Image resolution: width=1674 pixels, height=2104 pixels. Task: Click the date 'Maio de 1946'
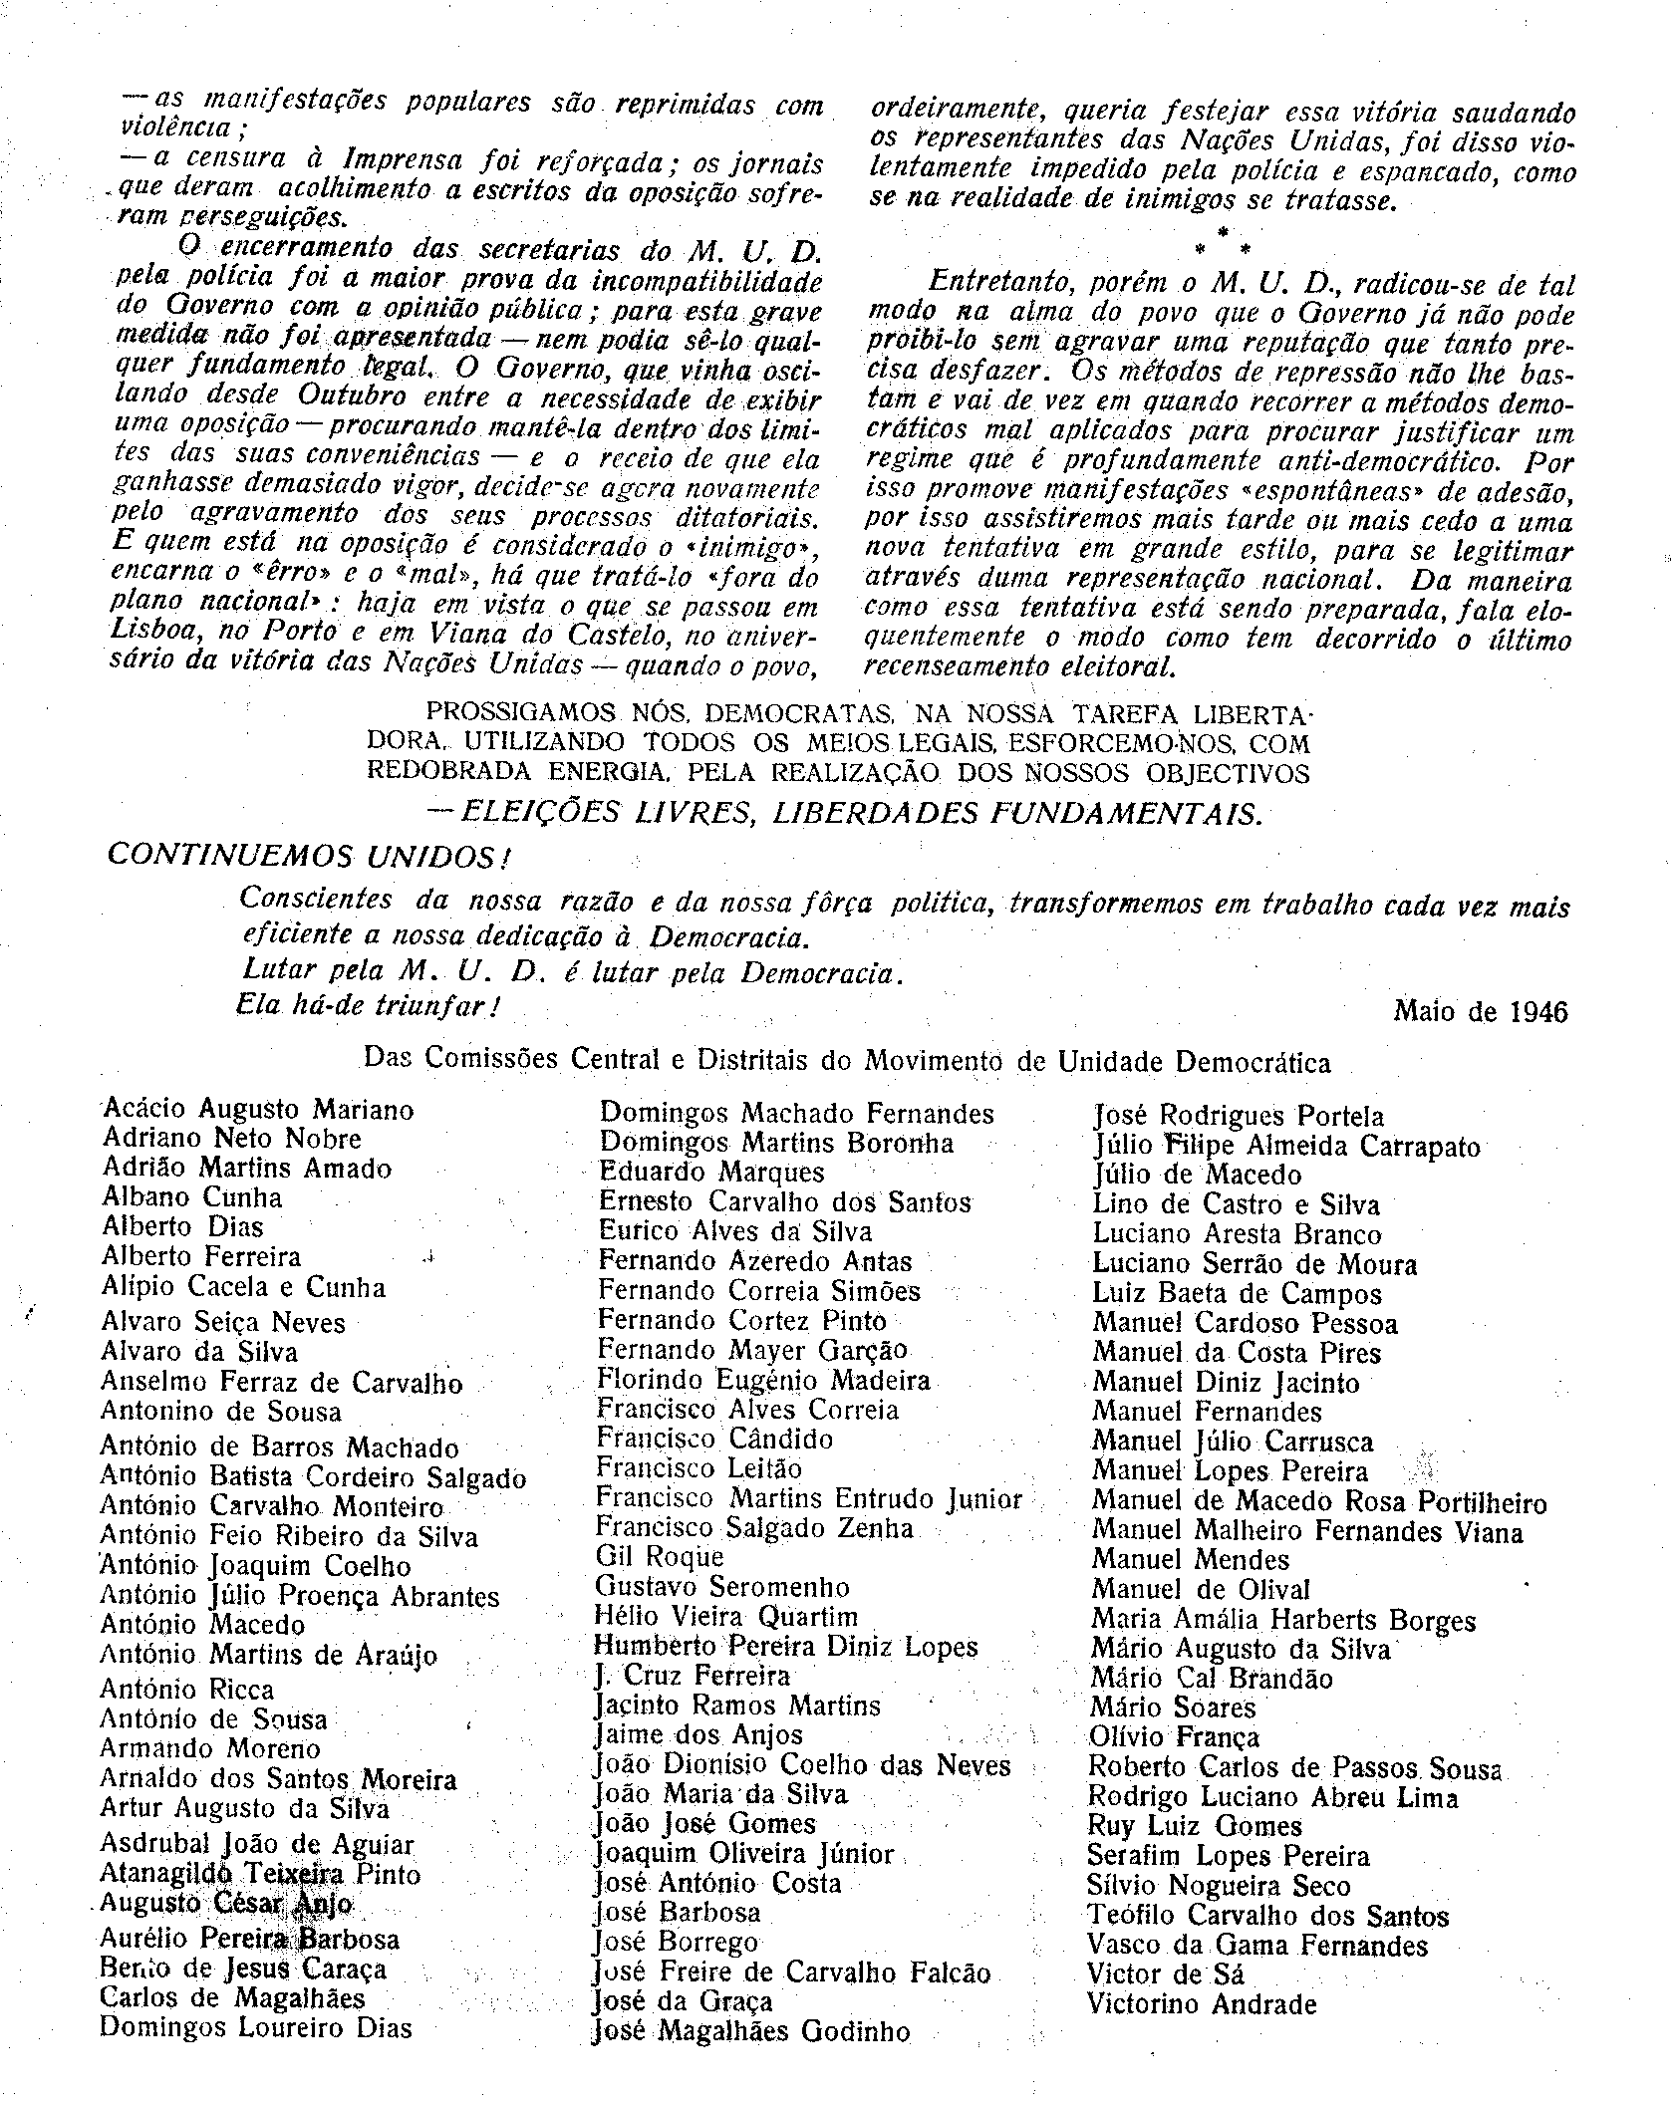coord(1479,1012)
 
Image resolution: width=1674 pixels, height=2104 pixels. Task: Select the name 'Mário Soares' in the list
coord(1173,1708)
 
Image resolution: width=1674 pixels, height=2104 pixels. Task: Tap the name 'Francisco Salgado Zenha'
coord(754,1527)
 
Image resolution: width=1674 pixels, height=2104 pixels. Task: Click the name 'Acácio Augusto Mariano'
coord(258,1109)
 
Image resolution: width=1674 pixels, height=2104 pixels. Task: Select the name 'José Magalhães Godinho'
coord(751,2032)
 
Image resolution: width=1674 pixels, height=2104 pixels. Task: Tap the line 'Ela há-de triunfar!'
coord(368,1006)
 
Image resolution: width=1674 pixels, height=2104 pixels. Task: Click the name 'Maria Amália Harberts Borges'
coord(1283,1620)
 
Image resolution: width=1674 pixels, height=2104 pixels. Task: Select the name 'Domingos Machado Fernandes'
coord(796,1113)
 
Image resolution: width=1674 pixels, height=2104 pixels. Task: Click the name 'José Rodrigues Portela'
coord(1239,1117)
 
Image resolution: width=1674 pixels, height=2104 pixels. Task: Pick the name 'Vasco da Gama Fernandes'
coord(1257,1946)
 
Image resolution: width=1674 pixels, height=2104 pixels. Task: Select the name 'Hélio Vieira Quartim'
coord(725,1616)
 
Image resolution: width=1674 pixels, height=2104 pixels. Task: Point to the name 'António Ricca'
coord(186,1689)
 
